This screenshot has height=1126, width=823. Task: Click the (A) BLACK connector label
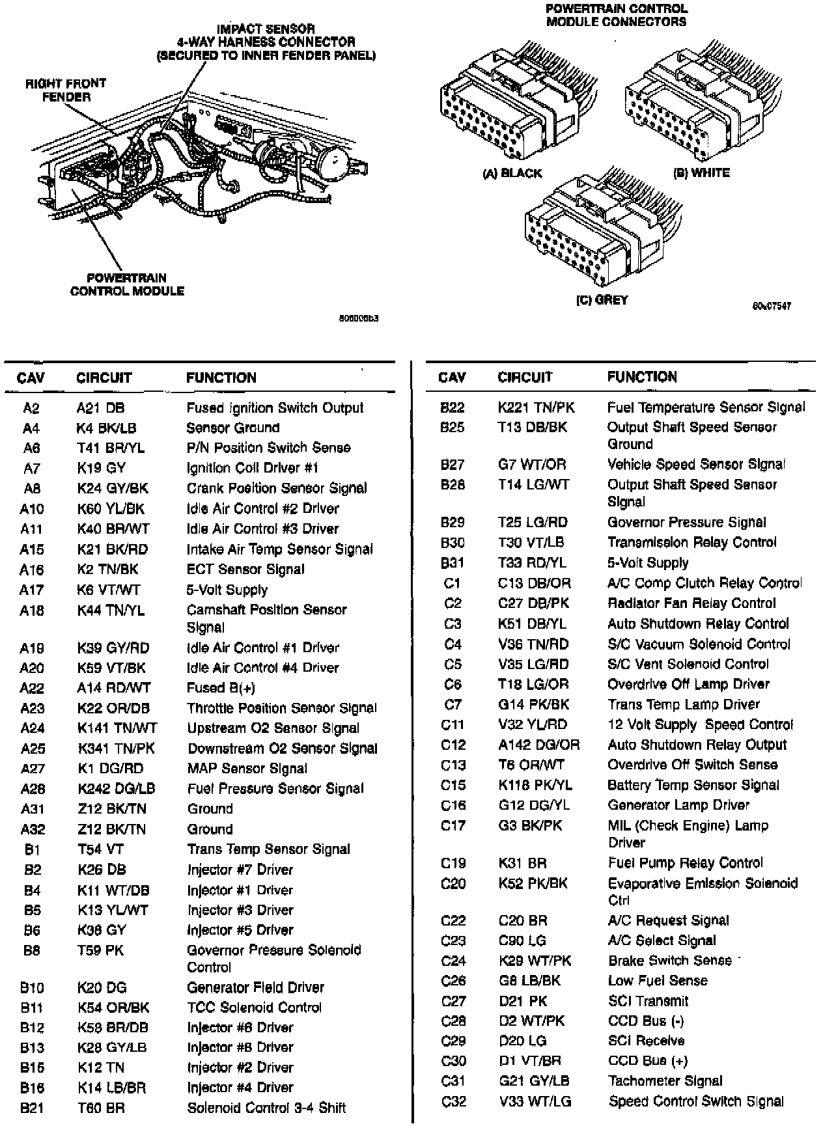coord(512,173)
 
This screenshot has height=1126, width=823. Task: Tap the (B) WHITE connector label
coord(701,173)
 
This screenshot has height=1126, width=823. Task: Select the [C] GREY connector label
coord(602,300)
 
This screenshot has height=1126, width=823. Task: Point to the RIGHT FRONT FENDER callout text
coord(66,90)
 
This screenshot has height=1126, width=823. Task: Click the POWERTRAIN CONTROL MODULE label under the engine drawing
coord(127,284)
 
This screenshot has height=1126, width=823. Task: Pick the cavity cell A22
coord(32,688)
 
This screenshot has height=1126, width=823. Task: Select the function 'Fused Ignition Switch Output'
coord(275,408)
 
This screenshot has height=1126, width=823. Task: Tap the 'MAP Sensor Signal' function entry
coord(247,769)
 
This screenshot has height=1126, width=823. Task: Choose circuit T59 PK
coord(100,950)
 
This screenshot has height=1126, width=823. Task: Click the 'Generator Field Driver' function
coord(255,987)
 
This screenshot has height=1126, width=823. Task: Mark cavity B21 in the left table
coord(32,1108)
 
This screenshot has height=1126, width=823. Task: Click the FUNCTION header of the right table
coord(642,377)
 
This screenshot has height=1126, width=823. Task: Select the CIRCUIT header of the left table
coord(104,378)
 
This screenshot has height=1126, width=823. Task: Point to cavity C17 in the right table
coord(453,826)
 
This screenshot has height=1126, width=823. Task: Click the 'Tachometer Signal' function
coord(665,1081)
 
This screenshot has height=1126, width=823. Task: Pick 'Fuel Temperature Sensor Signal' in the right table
coord(706,407)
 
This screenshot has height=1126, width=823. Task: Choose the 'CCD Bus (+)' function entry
coord(648,1061)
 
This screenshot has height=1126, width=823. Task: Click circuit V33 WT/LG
coord(534,1101)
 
